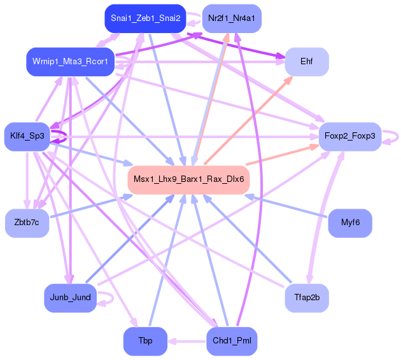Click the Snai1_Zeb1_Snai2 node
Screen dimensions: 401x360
[145, 18]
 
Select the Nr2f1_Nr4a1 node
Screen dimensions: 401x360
[232, 18]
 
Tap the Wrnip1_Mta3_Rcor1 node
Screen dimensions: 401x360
[70, 62]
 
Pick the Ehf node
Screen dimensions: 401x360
[307, 62]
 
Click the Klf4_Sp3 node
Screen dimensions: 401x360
[27, 137]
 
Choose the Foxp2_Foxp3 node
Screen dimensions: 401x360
[350, 137]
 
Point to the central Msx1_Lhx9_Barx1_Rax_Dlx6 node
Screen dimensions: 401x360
[189, 179]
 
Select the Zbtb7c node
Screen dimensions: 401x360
[27, 223]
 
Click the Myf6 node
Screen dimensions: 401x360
[350, 223]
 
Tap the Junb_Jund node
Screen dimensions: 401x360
[70, 298]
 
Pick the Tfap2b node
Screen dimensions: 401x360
[307, 298]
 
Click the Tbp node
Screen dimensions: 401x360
[145, 341]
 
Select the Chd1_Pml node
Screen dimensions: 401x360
[232, 341]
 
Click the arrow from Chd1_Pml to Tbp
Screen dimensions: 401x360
[186, 341]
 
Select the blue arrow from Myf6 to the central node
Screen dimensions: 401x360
[286, 206]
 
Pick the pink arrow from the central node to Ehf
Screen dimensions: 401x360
[249, 120]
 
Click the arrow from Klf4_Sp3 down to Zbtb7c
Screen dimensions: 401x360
[27, 180]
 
